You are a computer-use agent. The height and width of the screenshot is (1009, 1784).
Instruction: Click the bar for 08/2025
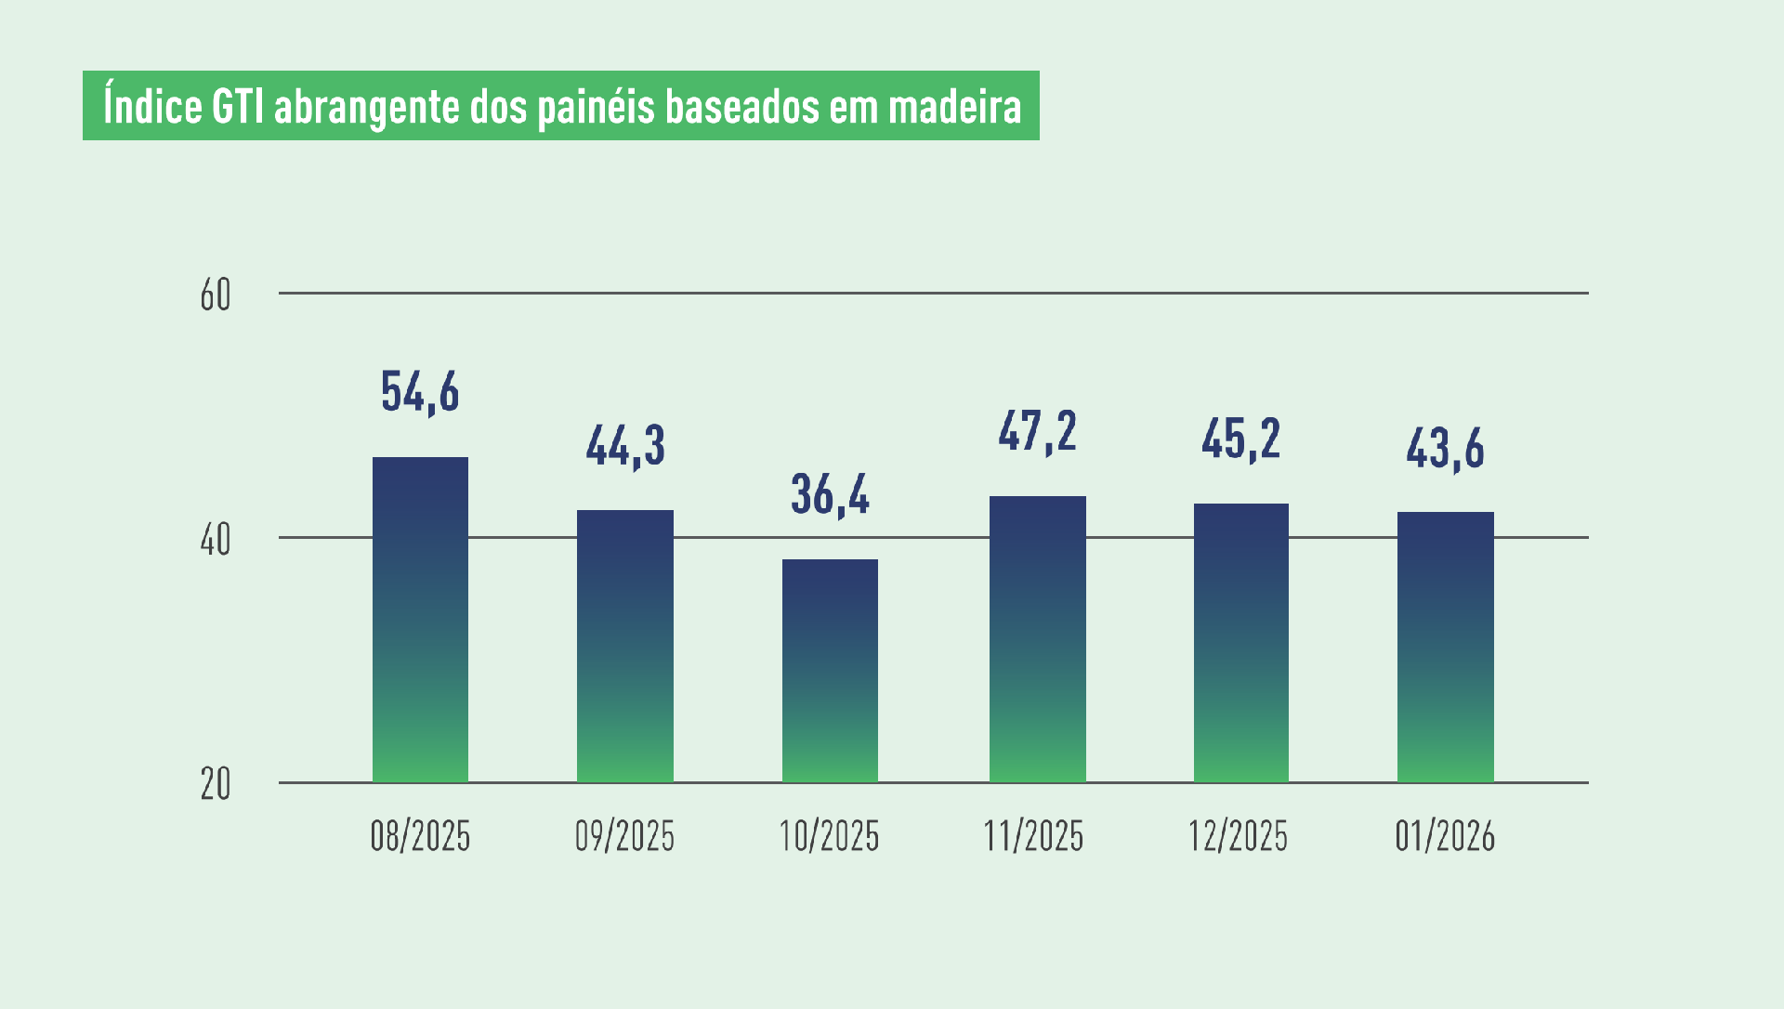tap(420, 619)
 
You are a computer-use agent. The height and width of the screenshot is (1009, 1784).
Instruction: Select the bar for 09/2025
tap(625, 646)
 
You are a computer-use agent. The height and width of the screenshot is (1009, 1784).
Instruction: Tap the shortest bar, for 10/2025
tap(830, 670)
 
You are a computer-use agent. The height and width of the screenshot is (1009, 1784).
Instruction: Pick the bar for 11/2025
tap(1037, 638)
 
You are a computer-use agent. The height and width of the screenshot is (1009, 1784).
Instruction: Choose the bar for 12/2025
tap(1240, 642)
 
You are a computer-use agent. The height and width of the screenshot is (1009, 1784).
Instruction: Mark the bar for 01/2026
tap(1445, 647)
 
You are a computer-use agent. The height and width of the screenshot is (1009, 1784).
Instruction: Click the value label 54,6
tap(420, 392)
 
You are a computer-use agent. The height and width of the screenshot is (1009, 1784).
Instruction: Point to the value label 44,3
tap(625, 446)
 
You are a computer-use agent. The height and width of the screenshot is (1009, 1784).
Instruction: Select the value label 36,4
tap(830, 495)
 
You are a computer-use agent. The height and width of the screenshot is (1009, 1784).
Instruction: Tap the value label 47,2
tap(1037, 432)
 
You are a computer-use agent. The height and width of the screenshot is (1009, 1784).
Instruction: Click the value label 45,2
tap(1240, 439)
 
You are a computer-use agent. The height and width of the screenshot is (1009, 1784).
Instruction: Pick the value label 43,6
tap(1445, 449)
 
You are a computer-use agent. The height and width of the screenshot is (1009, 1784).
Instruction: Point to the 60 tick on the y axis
tap(216, 295)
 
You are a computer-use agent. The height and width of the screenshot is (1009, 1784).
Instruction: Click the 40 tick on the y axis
tap(216, 540)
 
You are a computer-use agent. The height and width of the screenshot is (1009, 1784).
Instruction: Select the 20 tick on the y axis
tap(216, 785)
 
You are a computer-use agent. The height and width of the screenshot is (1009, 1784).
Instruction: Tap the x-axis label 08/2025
tap(420, 836)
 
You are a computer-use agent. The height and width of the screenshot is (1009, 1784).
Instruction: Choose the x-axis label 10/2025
tap(830, 836)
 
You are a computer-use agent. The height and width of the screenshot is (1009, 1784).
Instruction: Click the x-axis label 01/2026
tap(1445, 836)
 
